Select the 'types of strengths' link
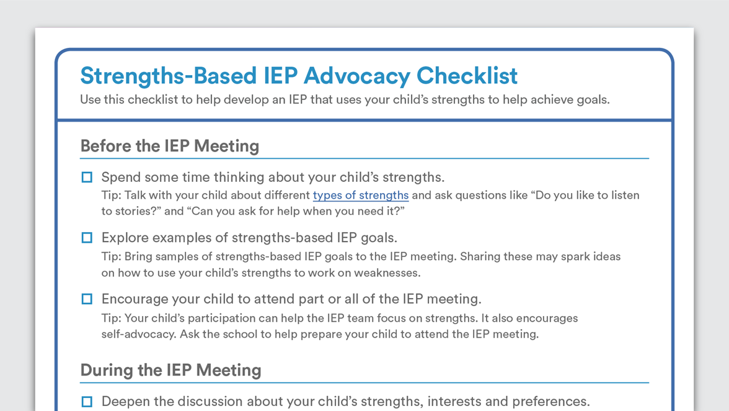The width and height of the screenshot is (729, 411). [x=361, y=196]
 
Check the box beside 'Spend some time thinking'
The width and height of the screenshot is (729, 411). [x=87, y=178]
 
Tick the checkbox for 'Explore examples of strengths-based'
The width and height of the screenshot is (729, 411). [x=87, y=238]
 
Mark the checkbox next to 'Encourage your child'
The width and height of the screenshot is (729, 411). [x=87, y=299]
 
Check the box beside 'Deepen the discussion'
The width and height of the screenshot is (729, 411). [x=87, y=402]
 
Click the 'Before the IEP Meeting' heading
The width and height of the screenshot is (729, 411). [x=170, y=146]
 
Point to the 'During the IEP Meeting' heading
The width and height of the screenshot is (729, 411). [x=170, y=370]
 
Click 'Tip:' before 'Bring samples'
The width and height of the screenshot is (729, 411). [x=111, y=257]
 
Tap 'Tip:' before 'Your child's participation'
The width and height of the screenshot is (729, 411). [x=111, y=318]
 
